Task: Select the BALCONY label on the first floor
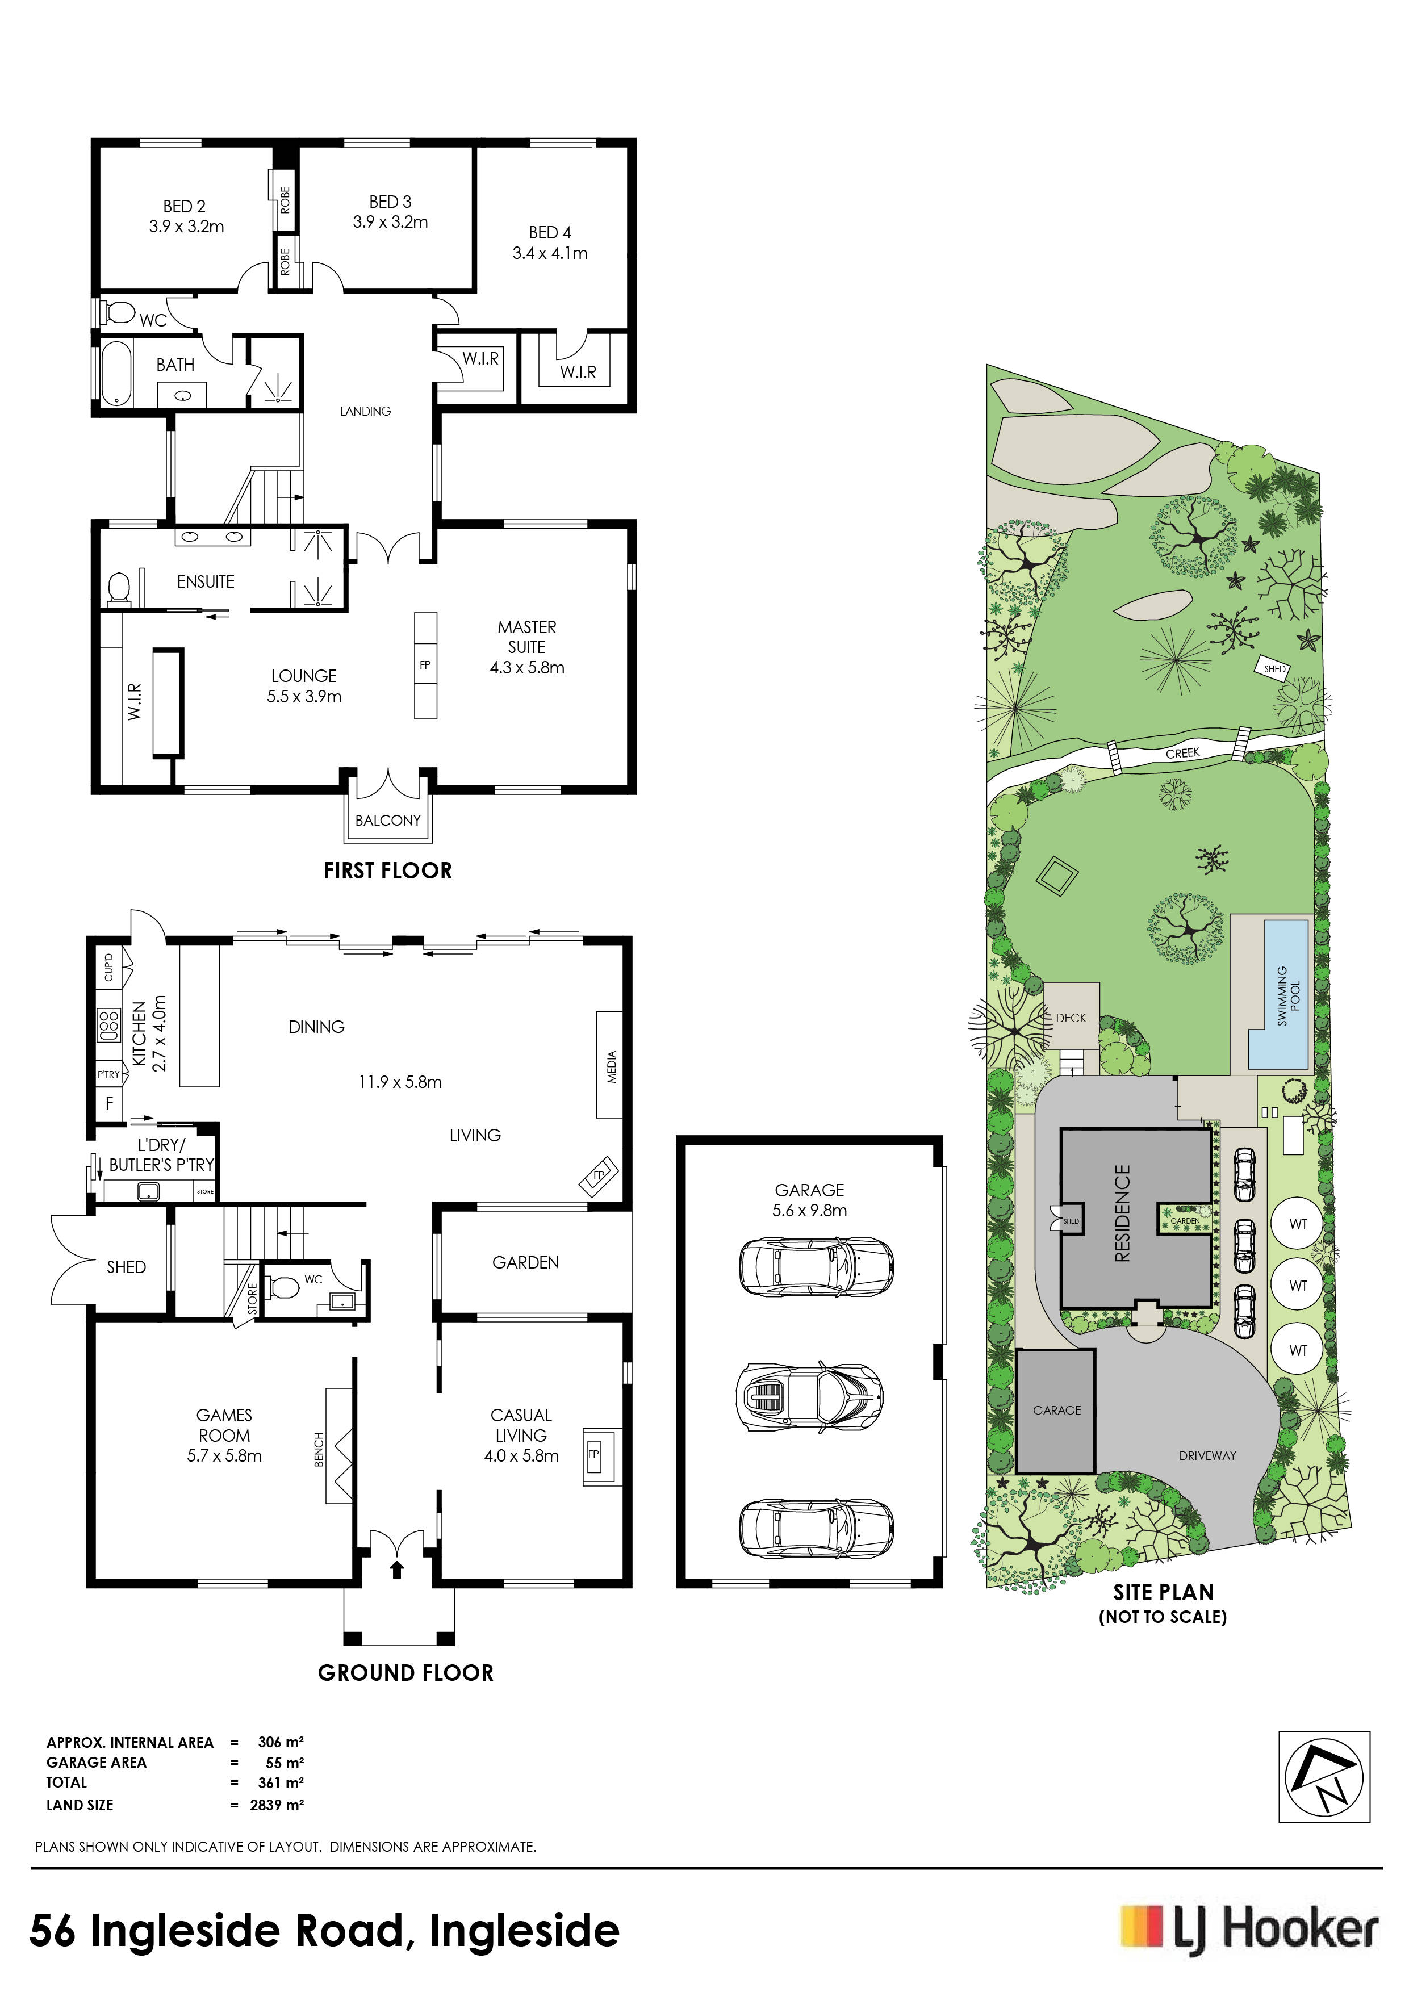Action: (x=388, y=820)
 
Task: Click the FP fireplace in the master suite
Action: (x=425, y=666)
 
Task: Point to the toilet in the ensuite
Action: (x=119, y=589)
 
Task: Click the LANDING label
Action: (x=365, y=411)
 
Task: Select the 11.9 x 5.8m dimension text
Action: (x=400, y=1082)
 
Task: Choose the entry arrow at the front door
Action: (x=398, y=1568)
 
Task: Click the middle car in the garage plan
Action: (x=809, y=1396)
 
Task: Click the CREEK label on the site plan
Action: (x=1182, y=753)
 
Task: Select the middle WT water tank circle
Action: (x=1297, y=1286)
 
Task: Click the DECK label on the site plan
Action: (x=1071, y=1018)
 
